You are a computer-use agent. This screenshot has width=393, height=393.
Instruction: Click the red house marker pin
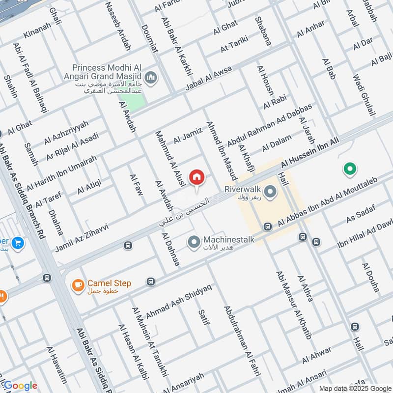coord(196,177)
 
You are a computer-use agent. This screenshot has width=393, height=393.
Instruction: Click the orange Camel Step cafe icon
coord(77,284)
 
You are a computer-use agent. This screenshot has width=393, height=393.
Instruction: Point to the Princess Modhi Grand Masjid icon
coord(151,77)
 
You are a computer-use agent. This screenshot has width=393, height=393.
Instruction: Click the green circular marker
coord(349,169)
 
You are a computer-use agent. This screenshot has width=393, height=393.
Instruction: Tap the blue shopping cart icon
coord(18,243)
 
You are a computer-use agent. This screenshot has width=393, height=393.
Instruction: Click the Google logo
coord(20,386)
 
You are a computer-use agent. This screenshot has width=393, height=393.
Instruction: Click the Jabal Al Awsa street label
coord(209,78)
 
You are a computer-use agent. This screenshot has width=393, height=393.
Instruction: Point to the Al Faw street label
coord(136,185)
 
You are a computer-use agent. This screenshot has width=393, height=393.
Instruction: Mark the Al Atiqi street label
coord(89,187)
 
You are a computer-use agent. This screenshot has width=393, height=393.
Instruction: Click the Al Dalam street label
coord(277,142)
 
